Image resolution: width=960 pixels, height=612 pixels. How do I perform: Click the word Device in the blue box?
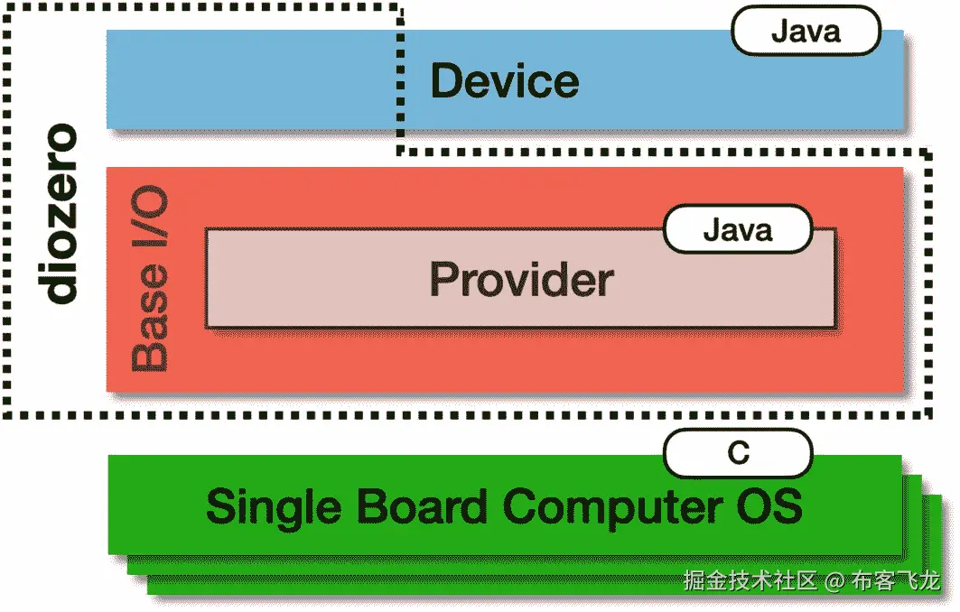[x=504, y=82]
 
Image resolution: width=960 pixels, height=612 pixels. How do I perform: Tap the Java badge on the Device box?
[x=806, y=32]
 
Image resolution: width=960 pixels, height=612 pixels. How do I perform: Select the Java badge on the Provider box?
[x=738, y=230]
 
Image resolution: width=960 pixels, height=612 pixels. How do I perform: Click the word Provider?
[x=521, y=280]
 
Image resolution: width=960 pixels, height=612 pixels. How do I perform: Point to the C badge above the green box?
[x=738, y=452]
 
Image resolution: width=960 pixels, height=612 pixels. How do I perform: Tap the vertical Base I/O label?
[x=150, y=282]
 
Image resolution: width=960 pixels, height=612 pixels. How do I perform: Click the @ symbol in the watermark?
[x=834, y=581]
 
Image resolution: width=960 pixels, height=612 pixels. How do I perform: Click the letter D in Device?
[x=448, y=82]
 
